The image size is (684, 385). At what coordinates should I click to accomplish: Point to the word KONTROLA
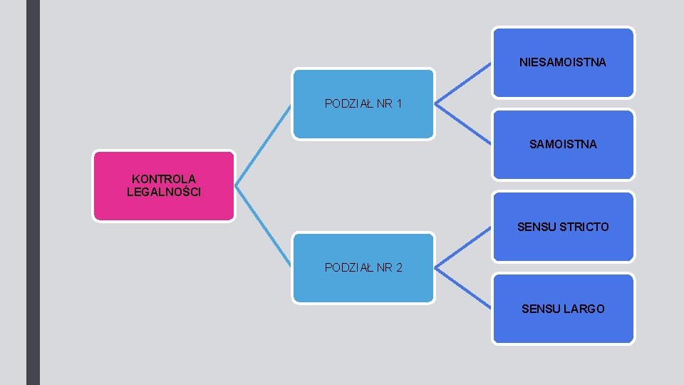164,179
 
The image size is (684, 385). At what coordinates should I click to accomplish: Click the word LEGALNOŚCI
164,192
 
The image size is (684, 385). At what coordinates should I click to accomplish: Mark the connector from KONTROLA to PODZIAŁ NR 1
263,145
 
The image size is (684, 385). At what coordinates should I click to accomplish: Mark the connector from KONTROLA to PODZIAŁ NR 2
263,227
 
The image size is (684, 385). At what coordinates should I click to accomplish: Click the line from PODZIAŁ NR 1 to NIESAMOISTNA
463,84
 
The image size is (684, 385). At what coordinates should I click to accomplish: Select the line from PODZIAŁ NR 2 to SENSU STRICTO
463,248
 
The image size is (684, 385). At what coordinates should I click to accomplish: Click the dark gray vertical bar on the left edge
33,192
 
